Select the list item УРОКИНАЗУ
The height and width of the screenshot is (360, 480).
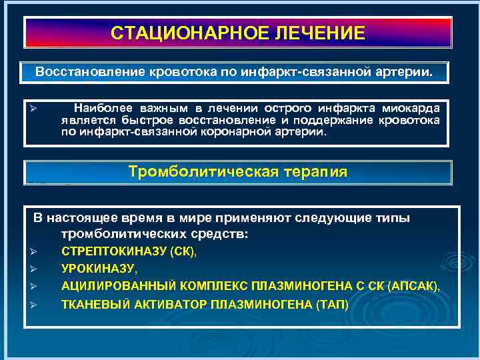(99, 269)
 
